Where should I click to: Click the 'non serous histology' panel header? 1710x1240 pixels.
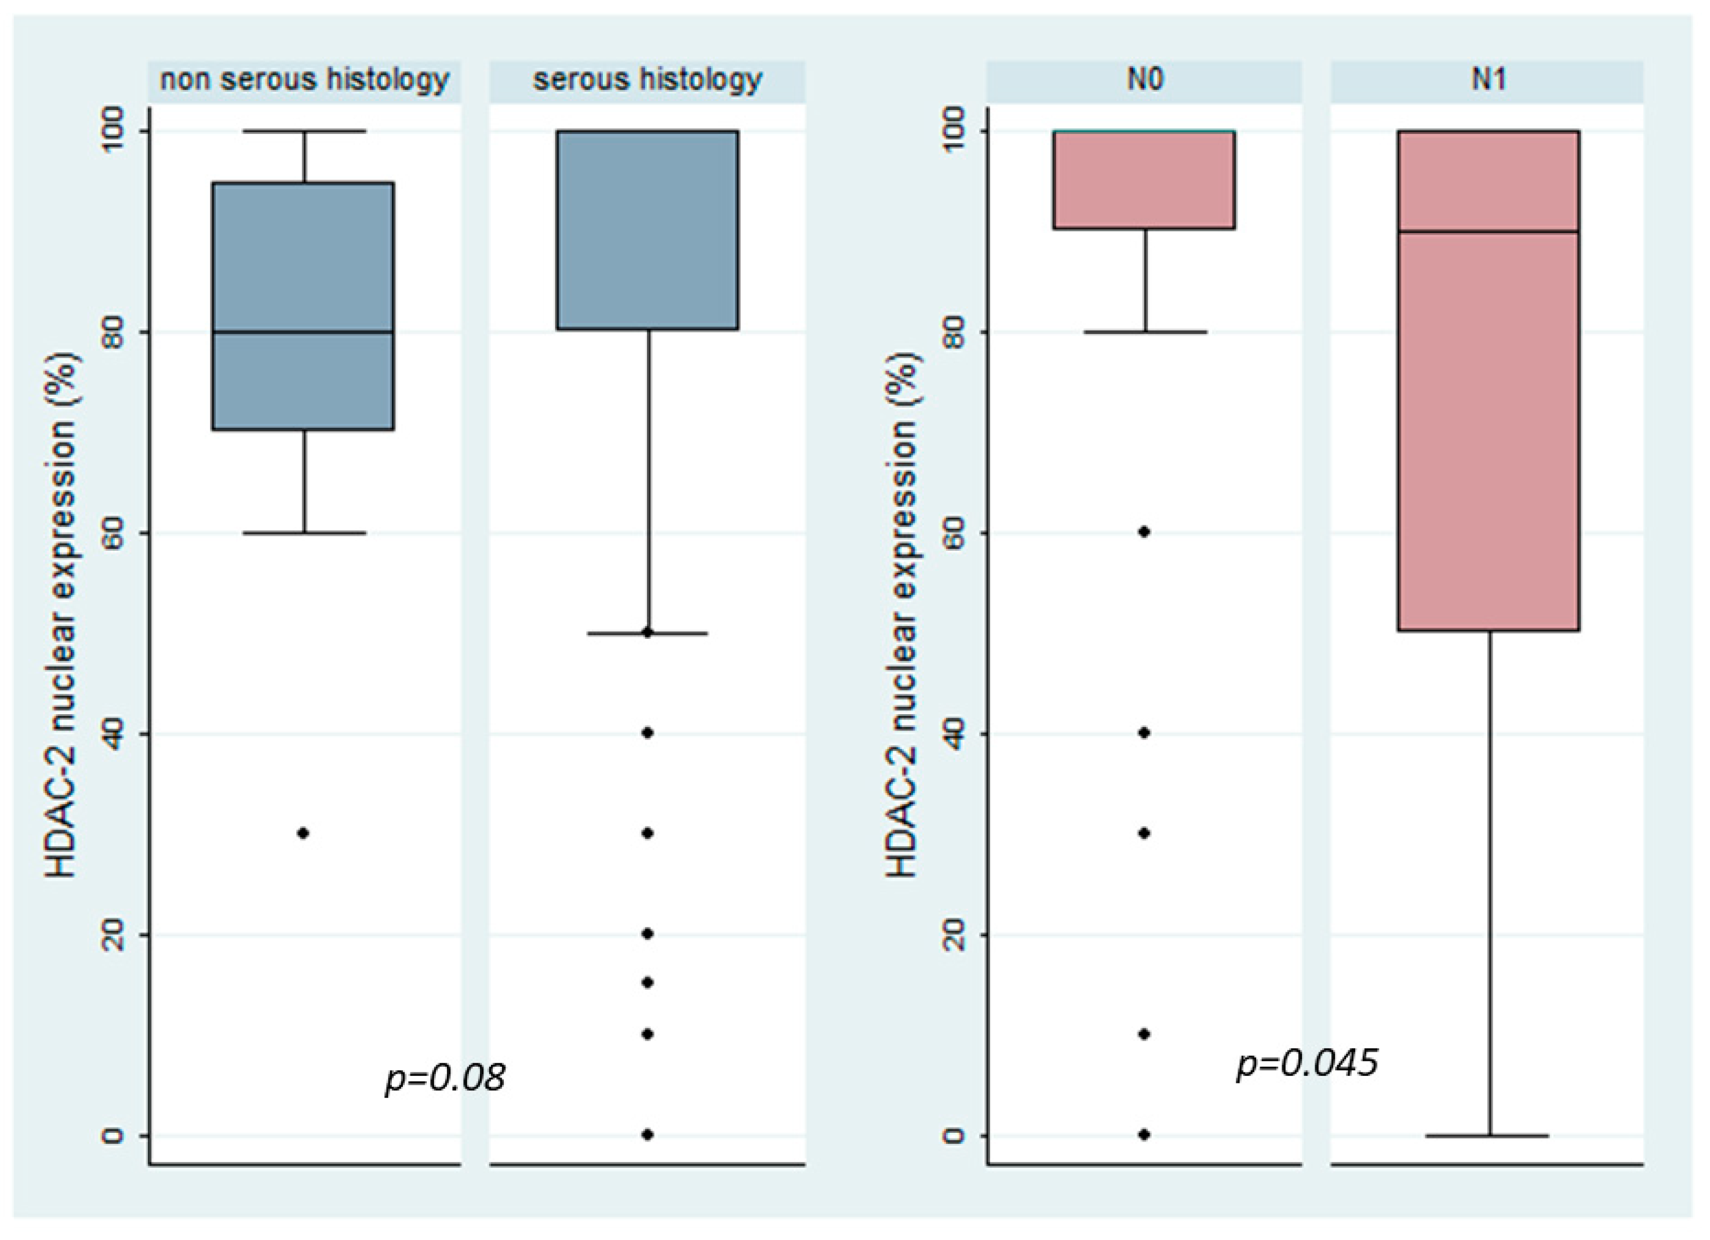[x=304, y=80]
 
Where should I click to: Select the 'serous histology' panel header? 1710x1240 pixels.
[x=647, y=80]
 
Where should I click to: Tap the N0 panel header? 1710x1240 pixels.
[x=1144, y=80]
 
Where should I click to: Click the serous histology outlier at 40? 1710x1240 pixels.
[x=647, y=732]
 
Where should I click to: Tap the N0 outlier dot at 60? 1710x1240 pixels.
[x=1144, y=532]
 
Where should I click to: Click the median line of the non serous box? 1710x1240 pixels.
[x=303, y=331]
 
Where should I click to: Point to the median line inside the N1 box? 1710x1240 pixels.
[x=1489, y=231]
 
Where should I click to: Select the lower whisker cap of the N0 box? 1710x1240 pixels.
[x=1145, y=332]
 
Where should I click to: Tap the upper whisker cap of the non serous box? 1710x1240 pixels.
[x=304, y=131]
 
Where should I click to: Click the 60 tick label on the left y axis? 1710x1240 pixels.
[x=112, y=533]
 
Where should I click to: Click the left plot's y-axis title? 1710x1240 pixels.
[x=62, y=614]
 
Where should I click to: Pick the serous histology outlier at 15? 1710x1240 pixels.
[x=647, y=983]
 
